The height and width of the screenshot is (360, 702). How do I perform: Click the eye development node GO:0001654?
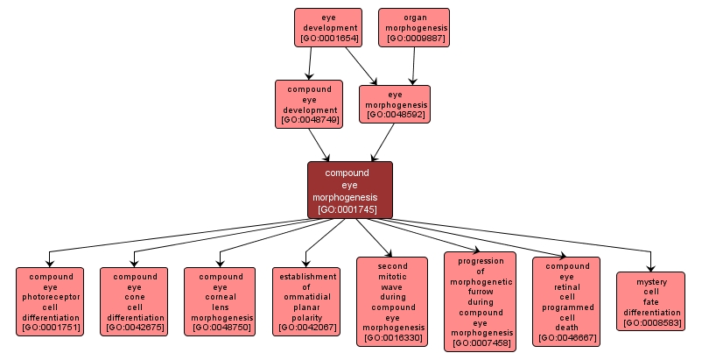pyautogui.click(x=328, y=27)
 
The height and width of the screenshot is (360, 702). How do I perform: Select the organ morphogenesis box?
pyautogui.click(x=414, y=27)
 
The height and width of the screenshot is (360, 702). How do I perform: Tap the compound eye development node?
pyautogui.click(x=308, y=104)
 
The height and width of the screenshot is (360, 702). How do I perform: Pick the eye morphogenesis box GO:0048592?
pyautogui.click(x=395, y=103)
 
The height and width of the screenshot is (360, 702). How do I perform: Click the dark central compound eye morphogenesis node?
pyautogui.click(x=349, y=190)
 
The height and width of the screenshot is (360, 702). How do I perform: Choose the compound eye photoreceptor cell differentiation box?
pyautogui.click(x=50, y=302)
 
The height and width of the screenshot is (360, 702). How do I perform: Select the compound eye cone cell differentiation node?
pyautogui.click(x=134, y=302)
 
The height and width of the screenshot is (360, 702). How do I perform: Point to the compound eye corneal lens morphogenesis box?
pyautogui.click(x=220, y=302)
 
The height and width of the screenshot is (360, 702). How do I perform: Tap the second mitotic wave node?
pyautogui.click(x=392, y=302)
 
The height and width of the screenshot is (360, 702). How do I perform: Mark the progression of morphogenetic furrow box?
pyautogui.click(x=481, y=302)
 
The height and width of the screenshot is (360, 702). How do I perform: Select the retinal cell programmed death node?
pyautogui.click(x=566, y=302)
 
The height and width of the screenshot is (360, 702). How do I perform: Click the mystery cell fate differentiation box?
pyautogui.click(x=650, y=301)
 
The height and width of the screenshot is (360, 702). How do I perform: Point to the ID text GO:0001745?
pyautogui.click(x=349, y=209)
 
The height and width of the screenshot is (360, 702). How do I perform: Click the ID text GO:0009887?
pyautogui.click(x=414, y=39)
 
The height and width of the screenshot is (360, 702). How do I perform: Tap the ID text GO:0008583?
pyautogui.click(x=650, y=323)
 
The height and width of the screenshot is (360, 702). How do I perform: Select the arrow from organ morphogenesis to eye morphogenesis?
pyautogui.click(x=414, y=66)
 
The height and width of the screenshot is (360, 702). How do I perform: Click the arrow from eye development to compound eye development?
pyautogui.click(x=309, y=63)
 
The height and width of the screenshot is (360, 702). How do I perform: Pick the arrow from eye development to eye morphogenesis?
pyautogui.click(x=362, y=66)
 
